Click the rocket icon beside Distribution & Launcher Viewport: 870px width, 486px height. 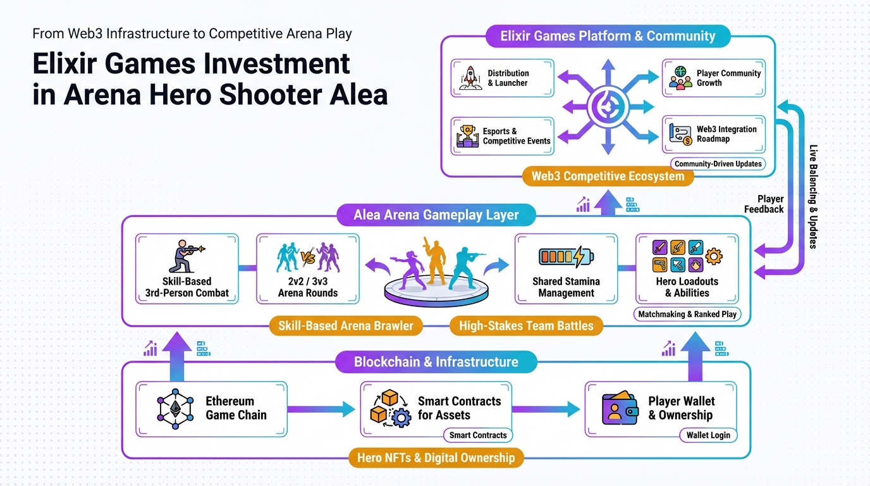[x=469, y=78]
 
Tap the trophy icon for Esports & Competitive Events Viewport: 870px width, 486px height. [x=467, y=135]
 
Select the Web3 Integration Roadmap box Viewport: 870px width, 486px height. [x=713, y=134]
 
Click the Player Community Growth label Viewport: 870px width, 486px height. [x=728, y=78]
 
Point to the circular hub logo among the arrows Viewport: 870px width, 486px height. [x=608, y=107]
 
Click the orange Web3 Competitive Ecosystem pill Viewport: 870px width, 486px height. [x=608, y=177]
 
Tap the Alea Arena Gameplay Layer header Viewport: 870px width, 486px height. [x=436, y=215]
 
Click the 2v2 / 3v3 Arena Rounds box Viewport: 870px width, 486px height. [x=308, y=268]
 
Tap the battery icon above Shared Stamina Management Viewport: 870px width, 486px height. [x=566, y=256]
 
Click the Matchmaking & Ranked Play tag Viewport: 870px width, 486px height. [x=687, y=314]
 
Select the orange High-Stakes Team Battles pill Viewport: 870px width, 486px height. [x=526, y=326]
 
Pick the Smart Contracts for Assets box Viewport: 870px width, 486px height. [x=436, y=408]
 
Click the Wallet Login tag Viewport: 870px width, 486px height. [x=708, y=435]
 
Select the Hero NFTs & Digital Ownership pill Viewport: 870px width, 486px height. [x=436, y=457]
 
